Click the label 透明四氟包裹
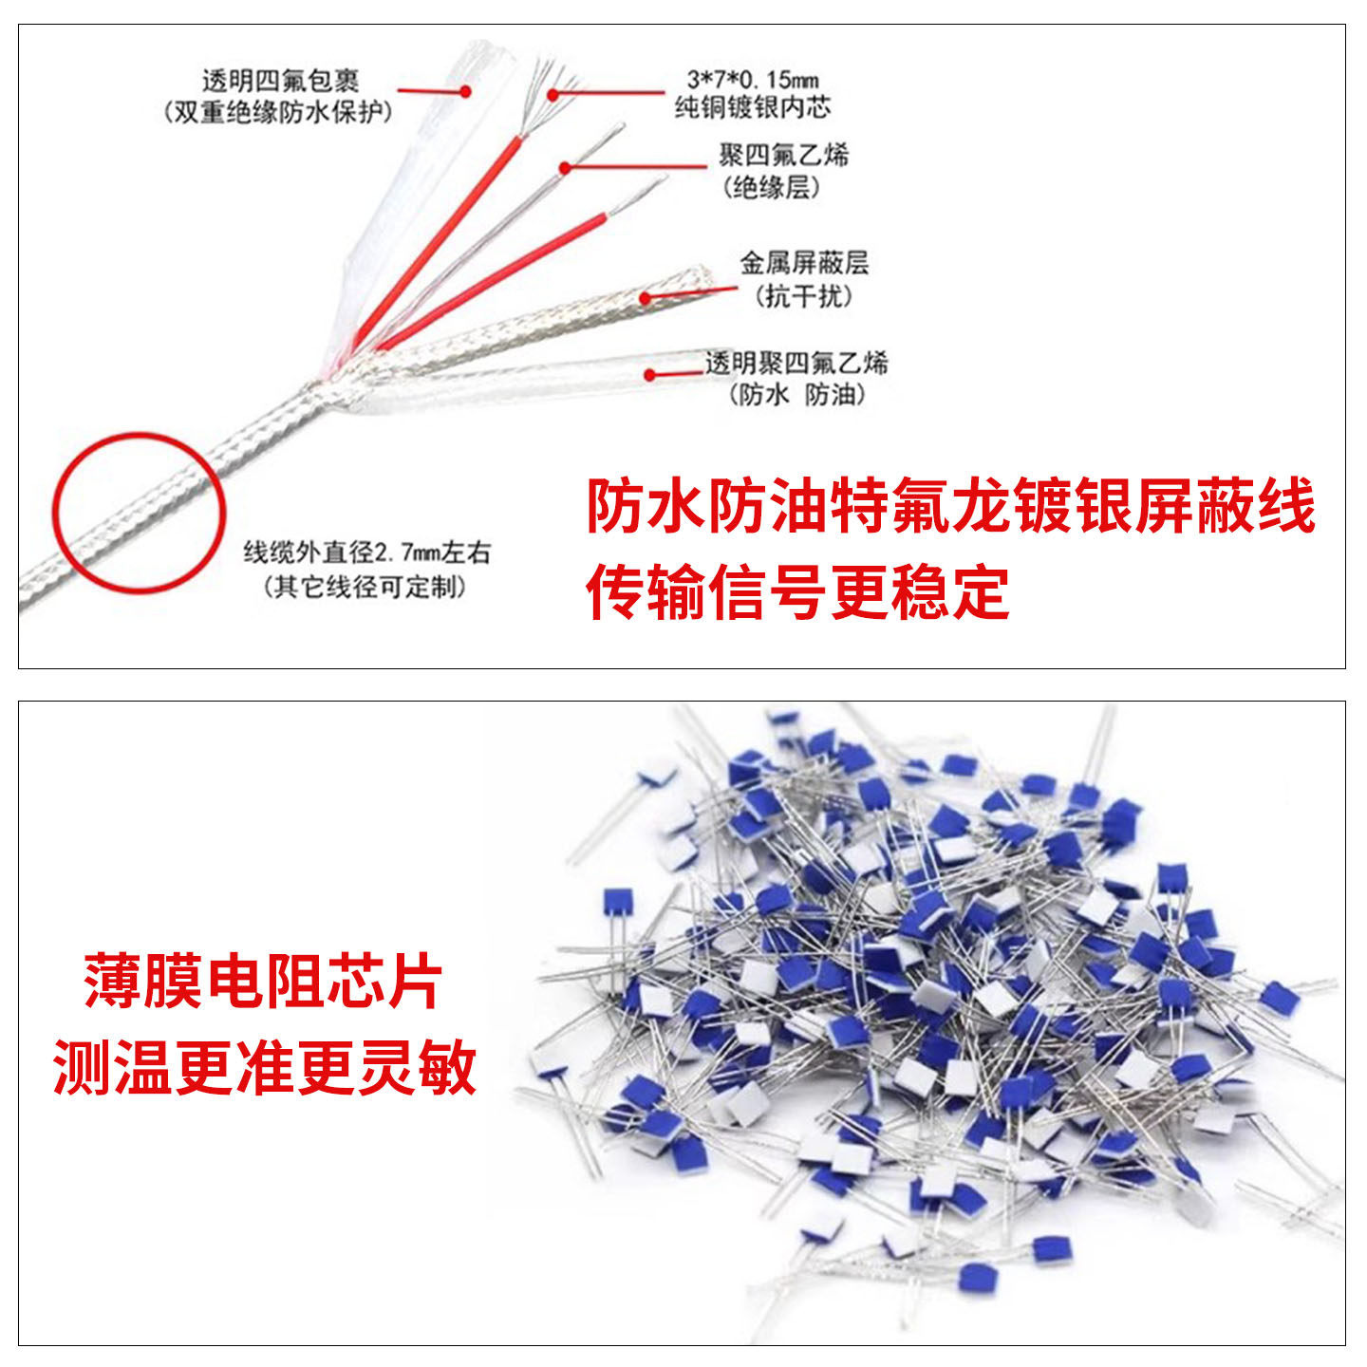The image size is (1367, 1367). [x=280, y=80]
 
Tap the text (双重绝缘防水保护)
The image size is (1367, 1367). [x=277, y=112]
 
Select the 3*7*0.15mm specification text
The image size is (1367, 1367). [x=752, y=79]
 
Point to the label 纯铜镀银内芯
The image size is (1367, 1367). [x=752, y=107]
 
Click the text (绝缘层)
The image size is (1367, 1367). [x=771, y=187]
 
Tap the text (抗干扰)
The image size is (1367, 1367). [x=804, y=295]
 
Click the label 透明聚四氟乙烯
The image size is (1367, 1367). [x=796, y=362]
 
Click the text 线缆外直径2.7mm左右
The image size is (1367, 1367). [x=366, y=552]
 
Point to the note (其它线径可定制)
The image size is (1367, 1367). [x=365, y=587]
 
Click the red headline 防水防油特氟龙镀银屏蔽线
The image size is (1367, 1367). [x=950, y=505]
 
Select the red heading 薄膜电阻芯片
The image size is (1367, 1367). [x=263, y=982]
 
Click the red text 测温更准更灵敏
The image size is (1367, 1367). [x=264, y=1067]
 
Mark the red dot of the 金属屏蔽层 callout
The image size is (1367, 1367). [x=646, y=298]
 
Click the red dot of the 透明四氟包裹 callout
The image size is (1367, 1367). [x=465, y=91]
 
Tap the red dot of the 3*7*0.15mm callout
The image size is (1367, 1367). [x=552, y=93]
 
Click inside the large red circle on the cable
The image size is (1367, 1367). [x=139, y=513]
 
